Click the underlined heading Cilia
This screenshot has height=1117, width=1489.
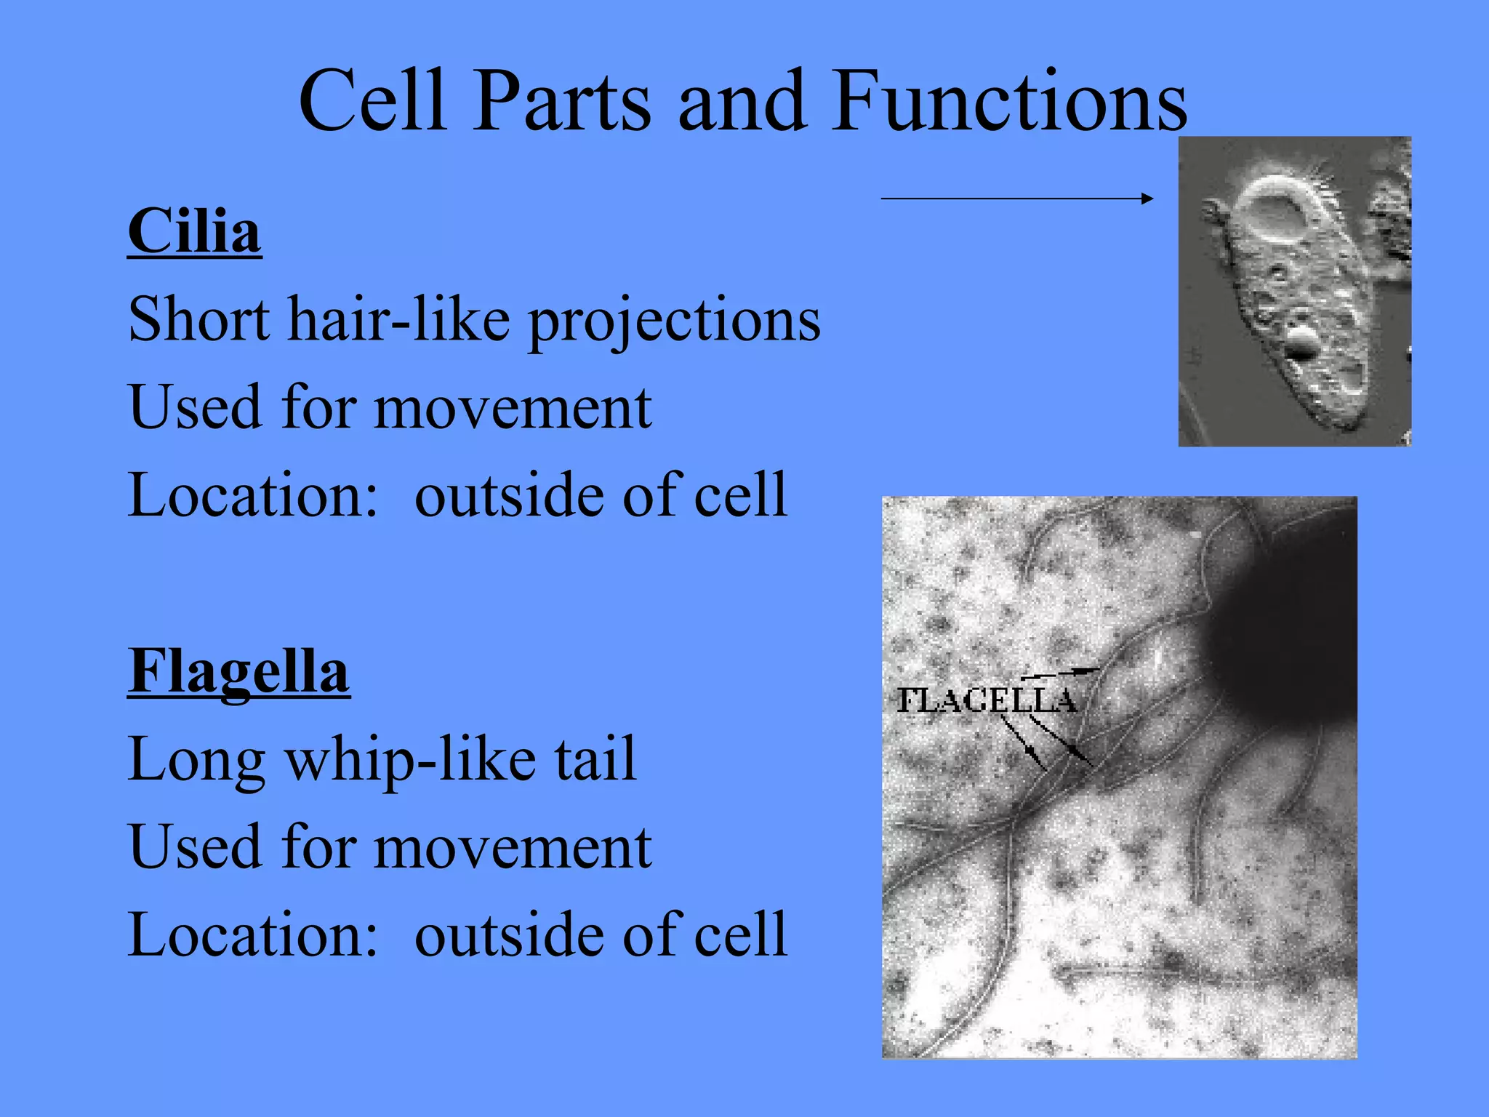tap(194, 231)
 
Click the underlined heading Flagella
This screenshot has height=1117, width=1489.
tap(238, 671)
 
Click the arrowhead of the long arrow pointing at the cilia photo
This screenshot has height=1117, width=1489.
tap(1147, 198)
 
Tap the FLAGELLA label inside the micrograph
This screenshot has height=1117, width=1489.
tap(986, 701)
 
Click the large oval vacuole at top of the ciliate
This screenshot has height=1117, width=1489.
tap(1275, 211)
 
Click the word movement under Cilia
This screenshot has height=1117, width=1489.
tap(512, 408)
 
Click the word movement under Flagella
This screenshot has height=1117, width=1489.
tap(512, 848)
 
